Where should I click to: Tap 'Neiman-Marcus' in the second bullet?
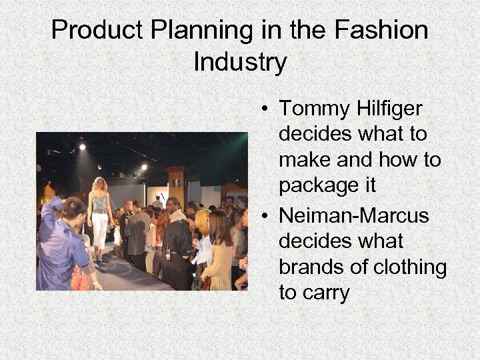354,216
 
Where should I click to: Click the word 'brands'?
313,267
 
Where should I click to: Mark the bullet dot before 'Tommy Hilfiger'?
265,109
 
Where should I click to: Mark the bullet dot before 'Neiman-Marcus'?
265,217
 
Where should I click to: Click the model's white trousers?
99,230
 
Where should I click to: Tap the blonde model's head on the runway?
101,185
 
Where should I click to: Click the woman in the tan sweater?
219,257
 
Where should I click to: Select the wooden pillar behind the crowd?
177,183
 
